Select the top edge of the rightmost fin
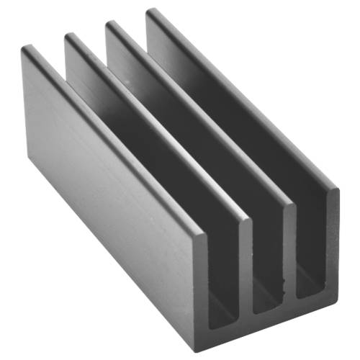(245, 101)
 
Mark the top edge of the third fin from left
(202, 115)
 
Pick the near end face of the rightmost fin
(332, 238)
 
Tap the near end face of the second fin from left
(246, 266)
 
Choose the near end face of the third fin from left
(289, 252)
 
